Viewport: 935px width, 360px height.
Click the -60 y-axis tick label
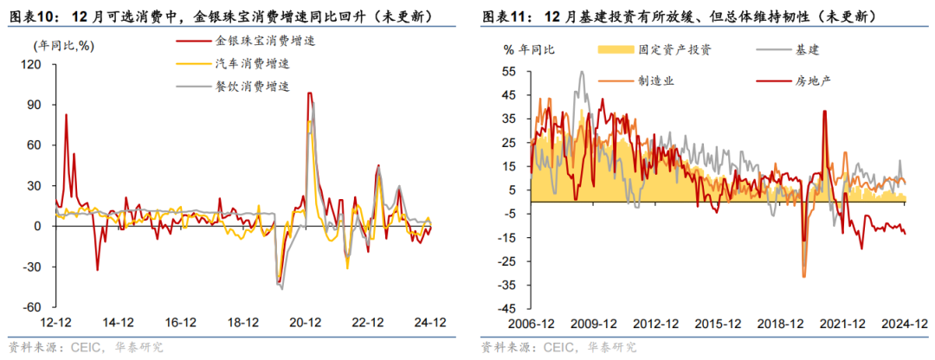coord(32,307)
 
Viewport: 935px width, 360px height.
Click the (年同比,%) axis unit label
coord(64,45)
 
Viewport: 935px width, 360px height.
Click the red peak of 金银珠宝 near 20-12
coord(309,93)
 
